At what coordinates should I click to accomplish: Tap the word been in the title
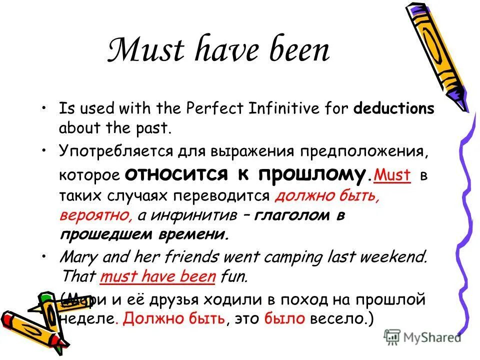click(298, 51)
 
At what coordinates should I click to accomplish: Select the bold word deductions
click(394, 109)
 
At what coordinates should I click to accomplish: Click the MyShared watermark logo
click(423, 337)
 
